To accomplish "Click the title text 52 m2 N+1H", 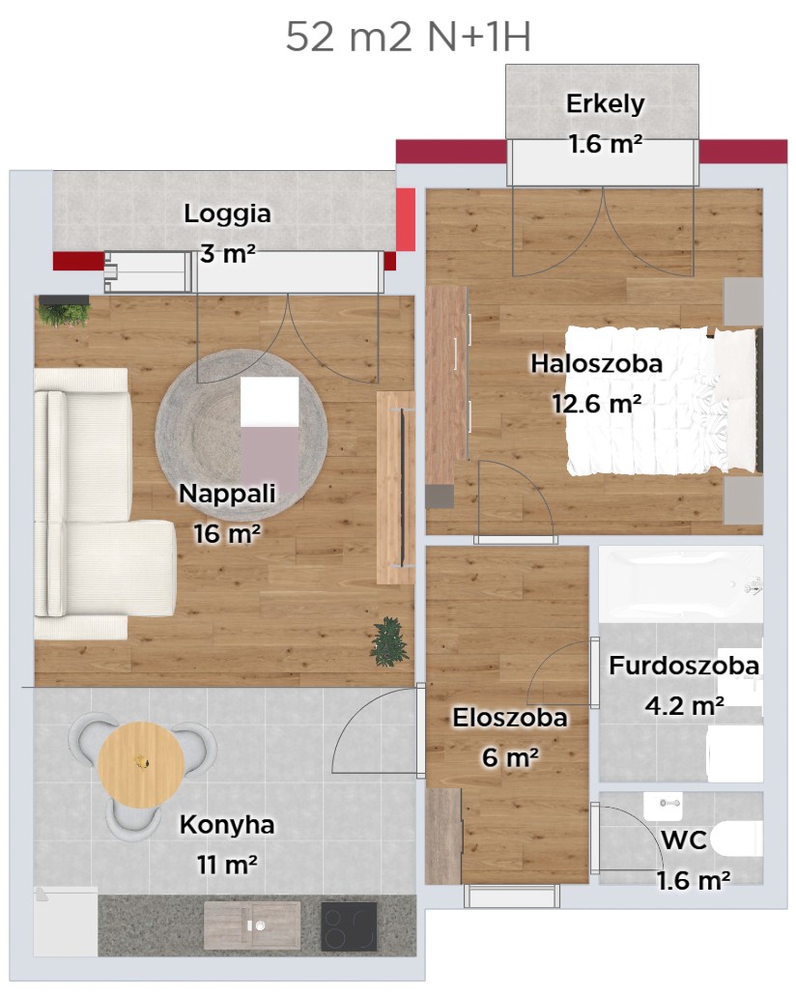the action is pos(408,37).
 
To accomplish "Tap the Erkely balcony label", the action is pos(606,104).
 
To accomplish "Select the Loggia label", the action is pos(228,213).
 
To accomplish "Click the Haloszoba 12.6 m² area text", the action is pos(596,403).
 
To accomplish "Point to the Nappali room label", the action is pos(228,494).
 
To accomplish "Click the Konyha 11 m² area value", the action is pos(227,865).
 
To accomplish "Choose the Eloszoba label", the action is pos(510,718).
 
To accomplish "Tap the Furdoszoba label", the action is pos(684,666).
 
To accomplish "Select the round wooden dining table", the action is pos(141,764).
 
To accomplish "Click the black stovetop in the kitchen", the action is pos(349,926).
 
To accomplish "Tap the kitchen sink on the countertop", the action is pos(252,925).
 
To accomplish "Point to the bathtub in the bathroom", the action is pos(681,585).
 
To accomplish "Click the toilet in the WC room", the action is pos(736,839).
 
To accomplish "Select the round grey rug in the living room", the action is pos(242,435).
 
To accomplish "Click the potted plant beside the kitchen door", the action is pos(388,641).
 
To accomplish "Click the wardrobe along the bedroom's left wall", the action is pos(447,385).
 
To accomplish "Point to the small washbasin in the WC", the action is pos(663,806).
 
